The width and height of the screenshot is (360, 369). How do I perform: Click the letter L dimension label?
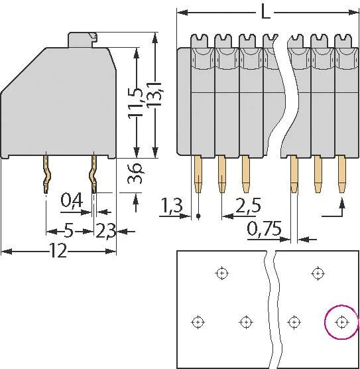pos(265,13)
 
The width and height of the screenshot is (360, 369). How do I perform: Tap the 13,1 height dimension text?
pos(154,95)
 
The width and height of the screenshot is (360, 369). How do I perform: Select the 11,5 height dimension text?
pos(135,102)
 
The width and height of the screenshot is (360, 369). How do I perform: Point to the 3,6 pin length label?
pos(135,173)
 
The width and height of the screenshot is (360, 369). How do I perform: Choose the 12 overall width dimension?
pos(58,251)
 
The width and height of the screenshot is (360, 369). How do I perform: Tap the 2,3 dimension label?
pos(106,231)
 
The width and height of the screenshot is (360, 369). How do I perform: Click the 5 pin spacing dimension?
pos(69,231)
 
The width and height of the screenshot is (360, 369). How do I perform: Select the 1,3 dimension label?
pos(172,204)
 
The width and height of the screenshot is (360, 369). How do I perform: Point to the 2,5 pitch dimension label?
pos(249,205)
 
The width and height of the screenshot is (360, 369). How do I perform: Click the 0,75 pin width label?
pos(264,229)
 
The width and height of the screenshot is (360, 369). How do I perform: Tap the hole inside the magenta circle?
pos(341,322)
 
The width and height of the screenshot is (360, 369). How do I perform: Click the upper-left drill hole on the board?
pos(221,273)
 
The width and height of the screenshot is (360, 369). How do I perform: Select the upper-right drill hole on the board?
pos(318,273)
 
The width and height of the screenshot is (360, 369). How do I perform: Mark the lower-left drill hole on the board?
pos(198,322)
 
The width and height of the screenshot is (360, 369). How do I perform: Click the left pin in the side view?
pos(47,173)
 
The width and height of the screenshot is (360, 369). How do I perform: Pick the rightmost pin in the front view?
pos(342,174)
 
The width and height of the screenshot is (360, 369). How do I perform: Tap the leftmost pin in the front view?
pos(198,174)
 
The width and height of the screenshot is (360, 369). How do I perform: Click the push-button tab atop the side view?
pos(82,40)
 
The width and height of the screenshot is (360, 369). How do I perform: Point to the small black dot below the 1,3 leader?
pos(198,215)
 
